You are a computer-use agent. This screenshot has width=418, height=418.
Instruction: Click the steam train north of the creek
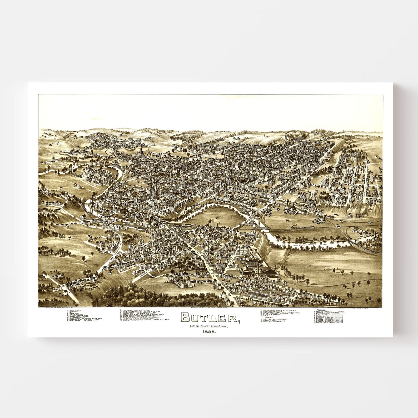coord(300,227)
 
